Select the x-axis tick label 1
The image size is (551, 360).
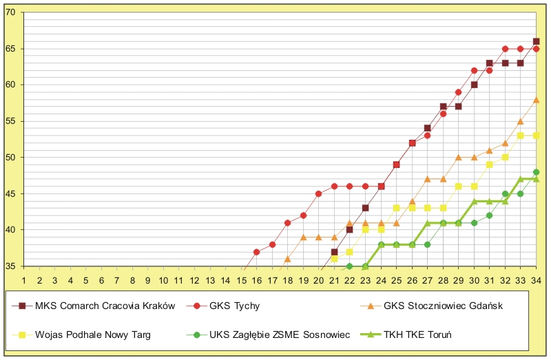(24, 280)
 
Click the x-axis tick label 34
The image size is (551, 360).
(536, 280)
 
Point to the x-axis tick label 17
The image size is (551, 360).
(272, 280)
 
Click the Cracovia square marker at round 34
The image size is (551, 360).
(536, 42)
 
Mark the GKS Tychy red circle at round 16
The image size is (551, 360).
(256, 252)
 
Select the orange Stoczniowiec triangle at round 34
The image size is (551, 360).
(536, 100)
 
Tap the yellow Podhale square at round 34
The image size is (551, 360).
(536, 136)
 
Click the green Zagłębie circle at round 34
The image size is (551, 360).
(536, 172)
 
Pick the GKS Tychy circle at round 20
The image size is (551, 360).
(318, 194)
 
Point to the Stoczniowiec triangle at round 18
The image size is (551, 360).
(287, 259)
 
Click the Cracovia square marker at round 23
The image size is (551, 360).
(365, 208)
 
